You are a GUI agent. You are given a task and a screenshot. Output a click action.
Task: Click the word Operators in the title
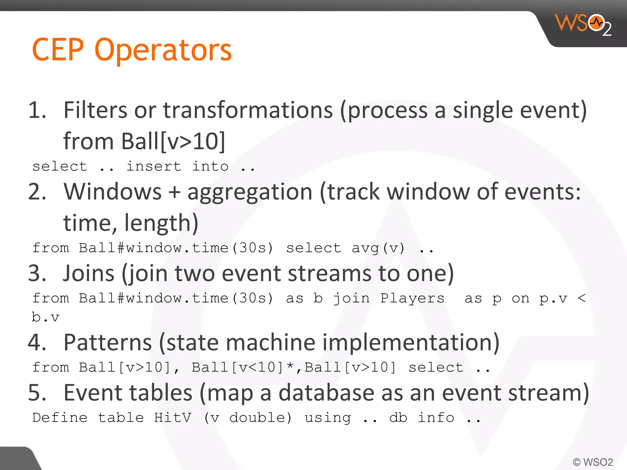tap(163, 50)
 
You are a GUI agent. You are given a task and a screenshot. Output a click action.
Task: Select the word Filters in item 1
tap(95, 110)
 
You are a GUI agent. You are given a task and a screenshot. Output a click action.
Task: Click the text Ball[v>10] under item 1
tap(173, 141)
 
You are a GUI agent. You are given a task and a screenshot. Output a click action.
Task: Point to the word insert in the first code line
tap(154, 166)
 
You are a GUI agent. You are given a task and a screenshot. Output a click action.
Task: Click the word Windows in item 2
tap(112, 192)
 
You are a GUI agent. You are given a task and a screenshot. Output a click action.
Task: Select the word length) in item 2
tap(161, 223)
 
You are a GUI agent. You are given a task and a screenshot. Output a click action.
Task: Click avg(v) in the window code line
tap(378, 248)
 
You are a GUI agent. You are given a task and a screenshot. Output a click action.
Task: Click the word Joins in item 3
tap(89, 273)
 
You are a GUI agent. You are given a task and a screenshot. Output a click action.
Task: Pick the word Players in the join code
tap(412, 298)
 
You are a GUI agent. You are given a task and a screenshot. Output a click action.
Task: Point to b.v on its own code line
tap(45, 317)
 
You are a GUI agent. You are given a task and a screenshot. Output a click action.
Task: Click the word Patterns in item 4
tap(107, 342)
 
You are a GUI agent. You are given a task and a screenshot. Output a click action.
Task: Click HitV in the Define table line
tap(173, 418)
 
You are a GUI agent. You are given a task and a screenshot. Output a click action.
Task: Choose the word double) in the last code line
tap(261, 418)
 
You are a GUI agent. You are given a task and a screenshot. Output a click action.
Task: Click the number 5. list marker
tap(37, 393)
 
